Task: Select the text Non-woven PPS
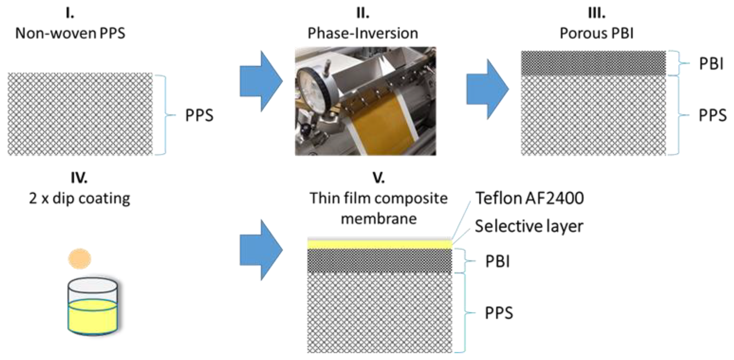[x=70, y=33]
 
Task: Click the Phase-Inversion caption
[x=363, y=33]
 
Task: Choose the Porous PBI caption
[x=597, y=33]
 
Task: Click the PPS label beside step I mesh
[x=199, y=115]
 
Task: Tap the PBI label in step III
[x=711, y=64]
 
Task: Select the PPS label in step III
[x=712, y=115]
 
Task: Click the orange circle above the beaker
[x=79, y=259]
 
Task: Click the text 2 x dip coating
[x=79, y=198]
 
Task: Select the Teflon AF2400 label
[x=529, y=198]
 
